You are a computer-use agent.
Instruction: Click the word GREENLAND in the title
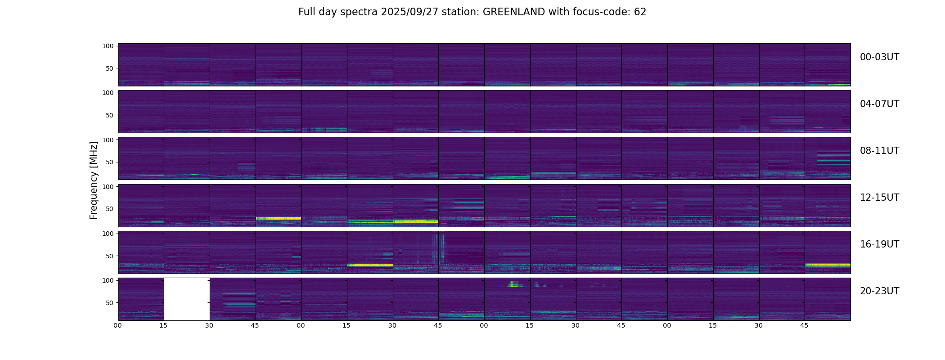[x=513, y=12]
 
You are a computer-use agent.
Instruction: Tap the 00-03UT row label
[x=879, y=57]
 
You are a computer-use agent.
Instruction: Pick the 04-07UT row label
[x=879, y=104]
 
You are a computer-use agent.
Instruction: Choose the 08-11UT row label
[x=879, y=151]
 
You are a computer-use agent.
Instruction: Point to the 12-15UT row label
[x=879, y=198]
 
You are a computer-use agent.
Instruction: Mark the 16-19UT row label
[x=879, y=244]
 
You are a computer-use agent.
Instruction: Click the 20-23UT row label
[x=879, y=291]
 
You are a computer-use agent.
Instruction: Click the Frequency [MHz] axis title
[x=94, y=180]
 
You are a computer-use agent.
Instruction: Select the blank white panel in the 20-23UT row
[x=187, y=299]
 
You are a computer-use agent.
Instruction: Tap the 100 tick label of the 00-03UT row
[x=108, y=46]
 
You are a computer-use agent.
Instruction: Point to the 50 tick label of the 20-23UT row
[x=109, y=303]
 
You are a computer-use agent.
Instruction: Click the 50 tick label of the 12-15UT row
[x=109, y=209]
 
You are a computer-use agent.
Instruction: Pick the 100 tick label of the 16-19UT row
[x=108, y=234]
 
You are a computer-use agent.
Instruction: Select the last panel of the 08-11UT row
[x=828, y=158]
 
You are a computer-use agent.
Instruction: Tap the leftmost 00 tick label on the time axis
[x=117, y=325]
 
